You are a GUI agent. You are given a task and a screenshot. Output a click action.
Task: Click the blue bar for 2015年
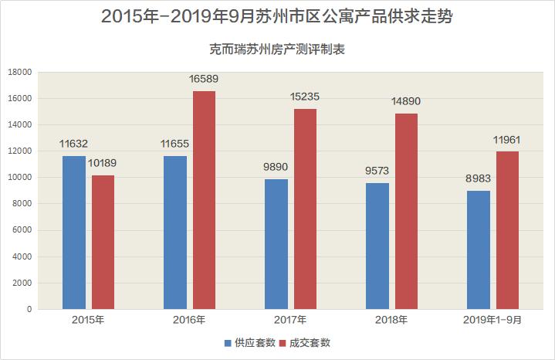coord(74,233)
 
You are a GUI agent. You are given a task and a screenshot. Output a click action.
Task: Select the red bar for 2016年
coord(204,200)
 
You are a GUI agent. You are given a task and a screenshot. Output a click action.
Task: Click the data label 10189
coord(103,163)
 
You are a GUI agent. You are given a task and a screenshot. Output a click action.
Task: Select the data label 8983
coord(478,178)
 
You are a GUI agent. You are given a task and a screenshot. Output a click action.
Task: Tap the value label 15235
coord(305,97)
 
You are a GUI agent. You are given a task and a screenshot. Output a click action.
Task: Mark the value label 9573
coord(377,171)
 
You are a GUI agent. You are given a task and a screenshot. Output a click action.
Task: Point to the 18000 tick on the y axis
coord(19,72)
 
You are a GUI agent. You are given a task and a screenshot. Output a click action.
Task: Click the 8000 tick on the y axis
coord(21,204)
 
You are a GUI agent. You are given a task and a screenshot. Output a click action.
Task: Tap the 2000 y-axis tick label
coord(21,283)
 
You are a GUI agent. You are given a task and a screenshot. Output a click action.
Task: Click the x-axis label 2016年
coord(189,320)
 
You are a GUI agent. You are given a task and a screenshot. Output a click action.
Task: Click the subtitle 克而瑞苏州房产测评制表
coord(277,49)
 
